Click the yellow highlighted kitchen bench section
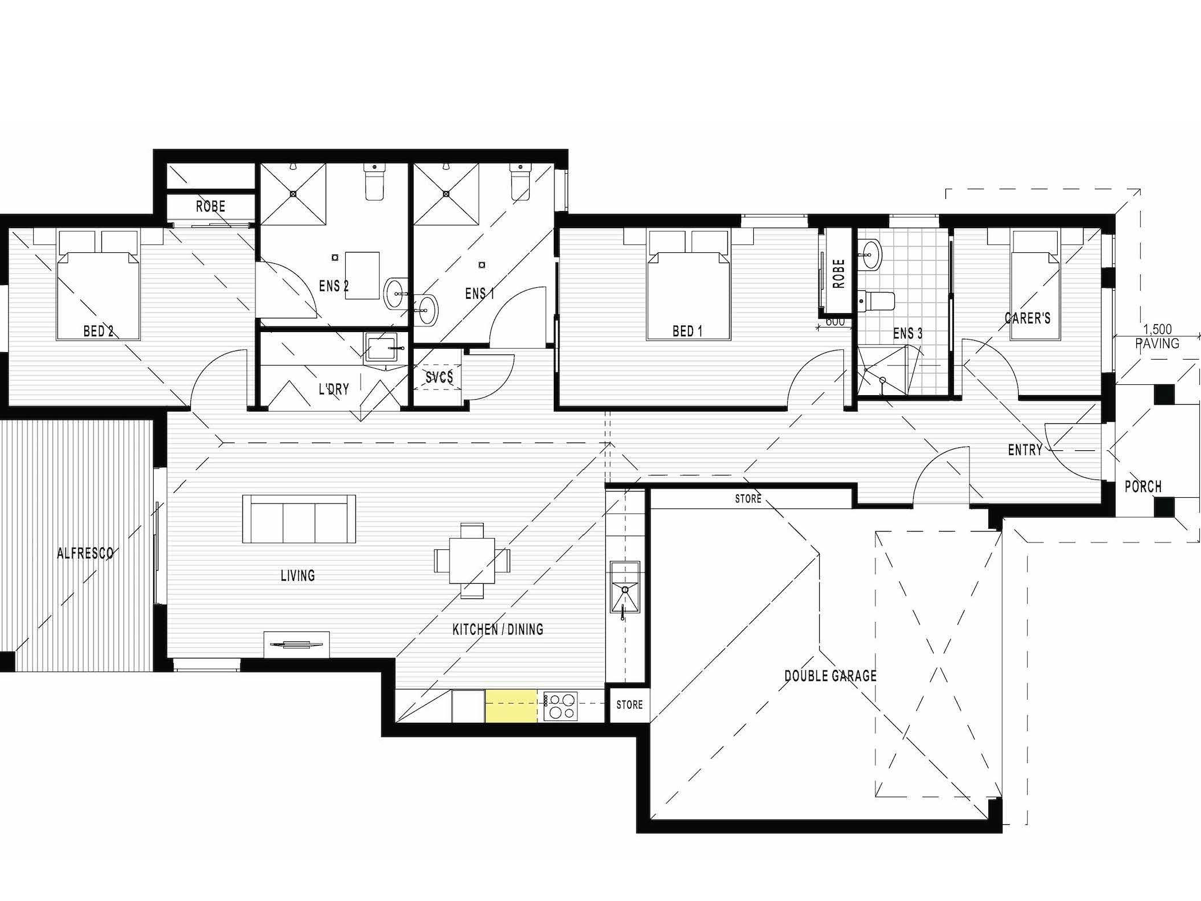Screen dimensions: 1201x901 pyautogui.click(x=511, y=706)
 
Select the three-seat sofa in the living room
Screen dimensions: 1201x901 pyautogui.click(x=299, y=518)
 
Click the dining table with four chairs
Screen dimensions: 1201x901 pyautogui.click(x=472, y=560)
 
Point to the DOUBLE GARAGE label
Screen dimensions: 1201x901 pyautogui.click(x=830, y=676)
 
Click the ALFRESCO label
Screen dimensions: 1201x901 pyautogui.click(x=85, y=553)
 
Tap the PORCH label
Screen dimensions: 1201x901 pyautogui.click(x=1143, y=486)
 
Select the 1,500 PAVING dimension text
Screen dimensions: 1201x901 pyautogui.click(x=1157, y=337)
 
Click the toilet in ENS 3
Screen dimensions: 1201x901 pyautogui.click(x=876, y=301)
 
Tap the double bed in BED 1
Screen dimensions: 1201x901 pyautogui.click(x=688, y=285)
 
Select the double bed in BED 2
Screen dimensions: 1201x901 pyautogui.click(x=98, y=285)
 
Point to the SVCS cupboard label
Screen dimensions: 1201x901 pyautogui.click(x=439, y=377)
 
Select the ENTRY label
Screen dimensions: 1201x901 pyautogui.click(x=1025, y=450)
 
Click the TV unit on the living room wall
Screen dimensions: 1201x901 pyautogui.click(x=297, y=643)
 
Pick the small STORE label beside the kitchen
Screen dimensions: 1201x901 pyautogui.click(x=629, y=704)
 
